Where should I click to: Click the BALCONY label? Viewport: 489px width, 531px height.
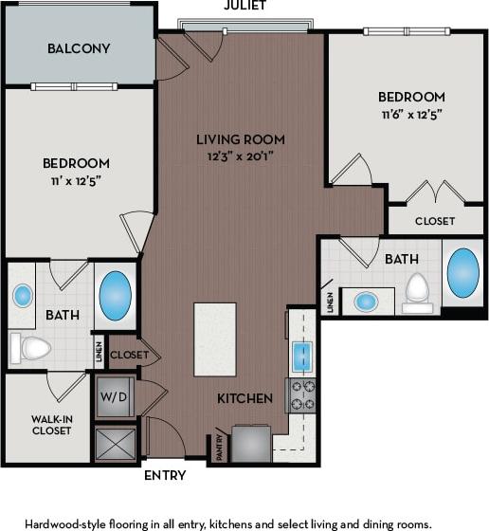[x=79, y=48]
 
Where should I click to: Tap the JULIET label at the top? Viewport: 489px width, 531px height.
[x=244, y=6]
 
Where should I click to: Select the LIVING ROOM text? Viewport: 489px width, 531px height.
[x=241, y=139]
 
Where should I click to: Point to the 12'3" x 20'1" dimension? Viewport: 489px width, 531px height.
[x=241, y=156]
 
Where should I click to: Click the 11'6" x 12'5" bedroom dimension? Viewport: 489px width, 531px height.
[x=411, y=115]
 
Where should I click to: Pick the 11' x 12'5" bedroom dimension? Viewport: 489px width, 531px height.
[x=77, y=180]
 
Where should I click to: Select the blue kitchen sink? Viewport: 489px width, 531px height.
[x=301, y=357]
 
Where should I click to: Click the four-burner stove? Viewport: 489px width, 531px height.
[x=301, y=395]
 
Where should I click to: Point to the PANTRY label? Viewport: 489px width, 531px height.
[x=219, y=445]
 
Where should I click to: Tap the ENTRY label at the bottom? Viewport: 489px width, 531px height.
[x=164, y=475]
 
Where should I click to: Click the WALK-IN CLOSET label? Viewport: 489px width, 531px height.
[x=51, y=423]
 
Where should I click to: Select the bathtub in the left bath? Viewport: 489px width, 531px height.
[x=115, y=297]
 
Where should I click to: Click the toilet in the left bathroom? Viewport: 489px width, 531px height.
[x=30, y=349]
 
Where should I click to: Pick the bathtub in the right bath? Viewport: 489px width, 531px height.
[x=462, y=274]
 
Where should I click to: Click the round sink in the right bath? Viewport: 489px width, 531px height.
[x=365, y=302]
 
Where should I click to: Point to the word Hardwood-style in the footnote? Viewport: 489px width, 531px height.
[x=66, y=522]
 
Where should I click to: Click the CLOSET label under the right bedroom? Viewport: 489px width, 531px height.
[x=434, y=220]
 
